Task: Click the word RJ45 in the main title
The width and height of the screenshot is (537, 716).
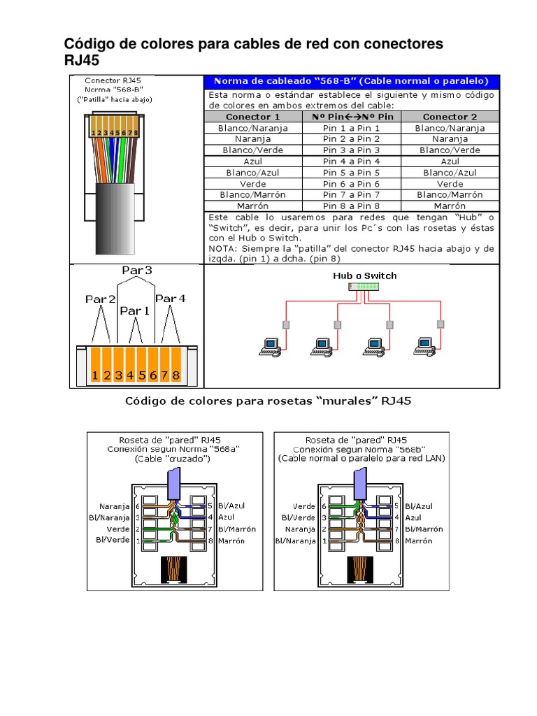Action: pyautogui.click(x=82, y=61)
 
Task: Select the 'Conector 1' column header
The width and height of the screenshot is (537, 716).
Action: pyautogui.click(x=252, y=117)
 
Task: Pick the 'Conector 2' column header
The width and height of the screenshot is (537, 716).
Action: pyautogui.click(x=450, y=117)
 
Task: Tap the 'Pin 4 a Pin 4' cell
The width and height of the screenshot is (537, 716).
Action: pyautogui.click(x=351, y=162)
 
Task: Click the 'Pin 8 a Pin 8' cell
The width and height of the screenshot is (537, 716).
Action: pyautogui.click(x=351, y=206)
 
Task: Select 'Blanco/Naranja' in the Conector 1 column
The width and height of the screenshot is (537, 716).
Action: pyautogui.click(x=252, y=128)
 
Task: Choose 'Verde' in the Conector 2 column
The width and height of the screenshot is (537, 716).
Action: pyautogui.click(x=450, y=184)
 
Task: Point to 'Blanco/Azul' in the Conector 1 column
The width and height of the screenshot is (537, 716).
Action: pyautogui.click(x=252, y=173)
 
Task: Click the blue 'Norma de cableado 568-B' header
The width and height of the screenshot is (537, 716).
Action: pyautogui.click(x=351, y=82)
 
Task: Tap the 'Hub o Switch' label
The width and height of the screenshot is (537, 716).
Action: pyautogui.click(x=364, y=275)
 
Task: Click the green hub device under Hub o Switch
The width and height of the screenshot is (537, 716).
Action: pyautogui.click(x=364, y=287)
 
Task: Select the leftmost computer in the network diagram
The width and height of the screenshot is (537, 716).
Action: pyautogui.click(x=270, y=344)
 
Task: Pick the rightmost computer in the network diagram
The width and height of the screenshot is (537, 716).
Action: pyautogui.click(x=424, y=344)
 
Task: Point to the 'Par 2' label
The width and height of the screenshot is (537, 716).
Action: pyautogui.click(x=101, y=299)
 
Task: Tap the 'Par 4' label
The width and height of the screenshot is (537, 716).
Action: pyautogui.click(x=171, y=299)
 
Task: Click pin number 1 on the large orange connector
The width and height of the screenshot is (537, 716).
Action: pyautogui.click(x=95, y=375)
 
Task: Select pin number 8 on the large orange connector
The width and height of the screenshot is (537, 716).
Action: pyautogui.click(x=176, y=375)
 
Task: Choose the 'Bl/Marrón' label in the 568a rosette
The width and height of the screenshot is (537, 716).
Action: pyautogui.click(x=232, y=529)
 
